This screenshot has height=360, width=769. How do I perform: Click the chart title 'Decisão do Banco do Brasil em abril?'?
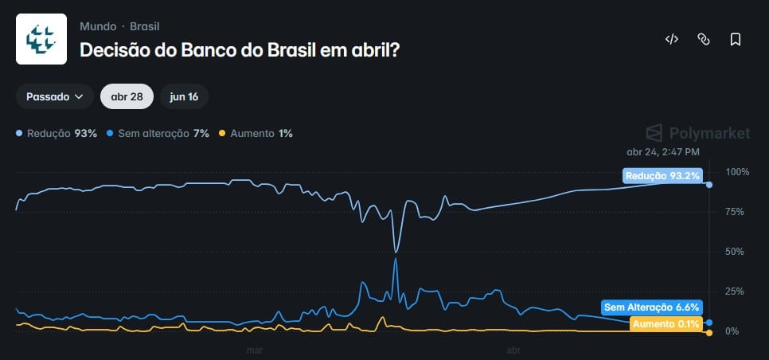(x=240, y=49)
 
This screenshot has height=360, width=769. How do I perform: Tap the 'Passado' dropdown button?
(x=55, y=96)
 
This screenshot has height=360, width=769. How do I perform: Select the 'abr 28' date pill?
(x=127, y=96)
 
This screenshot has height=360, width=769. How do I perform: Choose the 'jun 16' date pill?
(x=184, y=96)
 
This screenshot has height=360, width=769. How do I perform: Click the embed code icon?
(x=671, y=39)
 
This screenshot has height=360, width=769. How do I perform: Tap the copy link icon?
(x=703, y=39)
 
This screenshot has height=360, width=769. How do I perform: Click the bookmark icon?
(x=735, y=39)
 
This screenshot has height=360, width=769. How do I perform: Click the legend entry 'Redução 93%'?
(x=57, y=133)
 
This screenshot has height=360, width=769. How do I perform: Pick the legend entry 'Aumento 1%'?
(x=256, y=133)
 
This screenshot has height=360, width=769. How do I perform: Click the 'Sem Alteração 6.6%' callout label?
(x=651, y=307)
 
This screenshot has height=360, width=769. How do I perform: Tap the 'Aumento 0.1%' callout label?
(x=666, y=323)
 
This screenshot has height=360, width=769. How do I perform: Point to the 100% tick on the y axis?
(x=738, y=173)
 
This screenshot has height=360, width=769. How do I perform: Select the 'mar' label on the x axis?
(x=255, y=349)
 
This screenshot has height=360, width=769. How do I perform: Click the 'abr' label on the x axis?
(x=513, y=349)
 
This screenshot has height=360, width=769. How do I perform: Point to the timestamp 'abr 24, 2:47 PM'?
(x=663, y=151)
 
